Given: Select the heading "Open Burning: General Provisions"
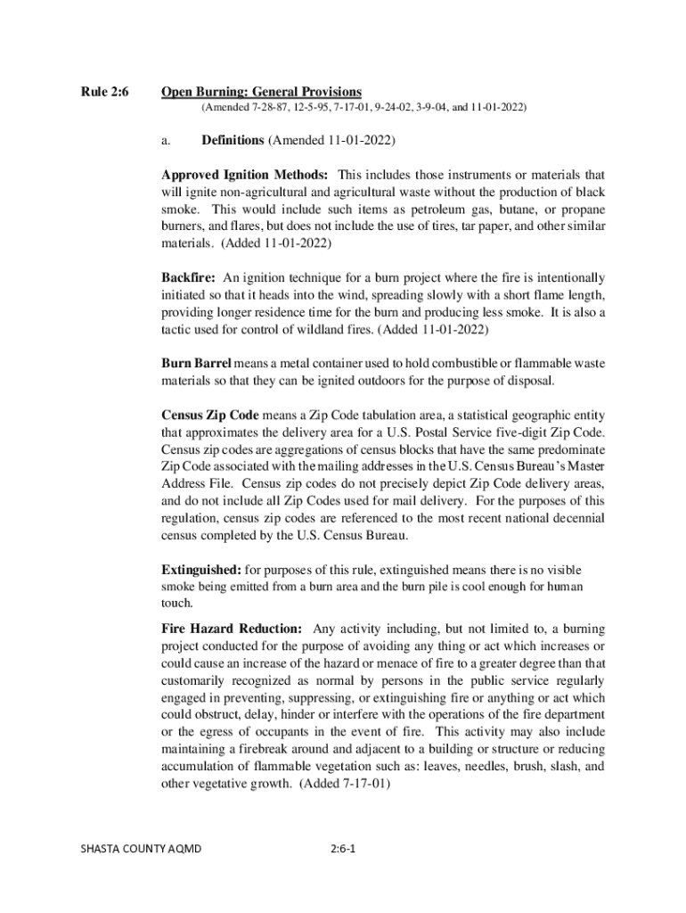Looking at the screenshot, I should [261, 92].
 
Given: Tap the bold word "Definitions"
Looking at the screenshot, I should [233, 140].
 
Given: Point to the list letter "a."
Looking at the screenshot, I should [166, 140].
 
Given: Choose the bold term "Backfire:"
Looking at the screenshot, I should [190, 277].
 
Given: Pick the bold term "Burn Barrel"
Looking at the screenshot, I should [196, 363].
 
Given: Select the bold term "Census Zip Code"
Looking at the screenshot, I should [210, 415].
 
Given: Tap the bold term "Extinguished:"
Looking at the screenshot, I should [201, 569].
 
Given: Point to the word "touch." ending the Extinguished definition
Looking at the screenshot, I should [176, 603].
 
